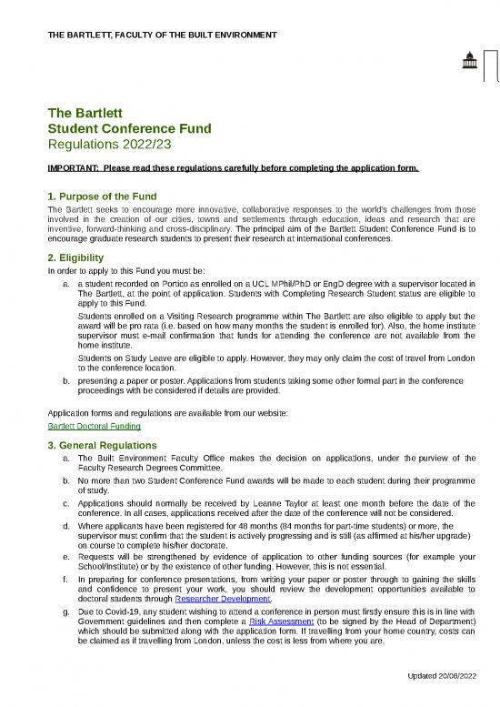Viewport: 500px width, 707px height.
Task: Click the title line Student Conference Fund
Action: coord(129,129)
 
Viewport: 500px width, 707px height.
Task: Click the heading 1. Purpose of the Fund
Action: coord(102,197)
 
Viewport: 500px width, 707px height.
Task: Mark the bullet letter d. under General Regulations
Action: coord(66,526)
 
